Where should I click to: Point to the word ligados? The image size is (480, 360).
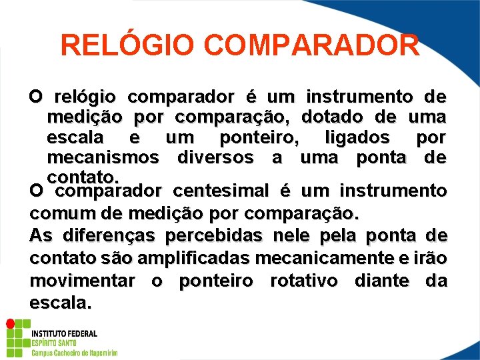(357, 138)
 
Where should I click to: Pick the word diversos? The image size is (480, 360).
(215, 158)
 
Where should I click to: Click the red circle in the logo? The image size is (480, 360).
(10, 324)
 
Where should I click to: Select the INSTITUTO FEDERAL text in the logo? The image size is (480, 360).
(64, 333)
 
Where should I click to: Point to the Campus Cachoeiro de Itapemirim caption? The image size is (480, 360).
(75, 352)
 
